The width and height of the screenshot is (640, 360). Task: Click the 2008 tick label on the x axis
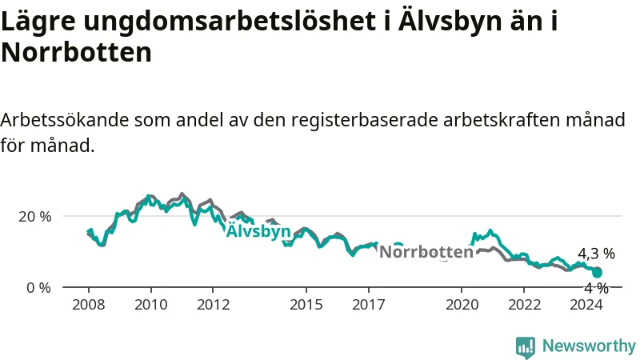(88, 305)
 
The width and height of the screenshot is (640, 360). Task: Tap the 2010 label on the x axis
(150, 305)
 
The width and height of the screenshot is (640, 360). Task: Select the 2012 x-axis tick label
(213, 305)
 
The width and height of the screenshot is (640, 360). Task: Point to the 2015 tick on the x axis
(306, 305)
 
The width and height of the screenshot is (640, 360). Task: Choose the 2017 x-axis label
(369, 305)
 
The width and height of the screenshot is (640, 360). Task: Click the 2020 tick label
(462, 305)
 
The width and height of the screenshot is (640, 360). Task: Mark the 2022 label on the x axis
(524, 305)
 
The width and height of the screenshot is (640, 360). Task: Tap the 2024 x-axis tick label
(586, 305)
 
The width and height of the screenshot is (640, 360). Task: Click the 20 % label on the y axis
(34, 216)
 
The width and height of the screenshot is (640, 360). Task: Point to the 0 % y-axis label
(38, 287)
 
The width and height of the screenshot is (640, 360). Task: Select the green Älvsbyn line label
(258, 232)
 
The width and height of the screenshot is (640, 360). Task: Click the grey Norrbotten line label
(426, 252)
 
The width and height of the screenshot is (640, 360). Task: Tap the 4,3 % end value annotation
(596, 254)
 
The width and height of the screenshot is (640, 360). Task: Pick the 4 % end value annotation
(596, 288)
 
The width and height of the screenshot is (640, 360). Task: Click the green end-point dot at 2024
(597, 273)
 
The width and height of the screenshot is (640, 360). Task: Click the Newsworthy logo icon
(526, 346)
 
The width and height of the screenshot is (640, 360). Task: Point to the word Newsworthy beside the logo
(589, 346)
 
